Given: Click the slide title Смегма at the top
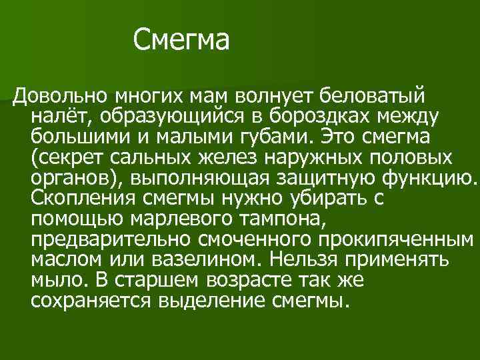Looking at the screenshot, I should click(x=181, y=41).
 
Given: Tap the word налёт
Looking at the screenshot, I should click(x=62, y=117).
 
